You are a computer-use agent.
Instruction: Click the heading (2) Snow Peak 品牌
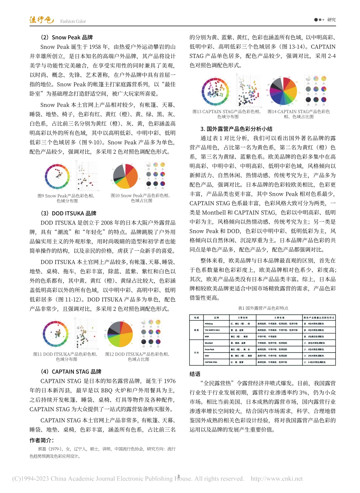pyautogui.click(x=67, y=37)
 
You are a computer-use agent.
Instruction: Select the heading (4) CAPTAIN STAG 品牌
pyautogui.click(x=71, y=372)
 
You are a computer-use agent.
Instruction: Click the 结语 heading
pyautogui.click(x=195, y=374)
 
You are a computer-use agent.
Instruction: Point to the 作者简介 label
pyautogui.click(x=42, y=440)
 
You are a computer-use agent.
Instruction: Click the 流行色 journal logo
pyautogui.click(x=42, y=20)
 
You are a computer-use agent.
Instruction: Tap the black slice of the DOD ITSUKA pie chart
pyautogui.click(x=113, y=331)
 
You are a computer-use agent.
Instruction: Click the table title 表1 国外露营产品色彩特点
pyautogui.click(x=263, y=308)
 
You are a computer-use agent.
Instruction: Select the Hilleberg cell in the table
pyautogui.click(x=209, y=324)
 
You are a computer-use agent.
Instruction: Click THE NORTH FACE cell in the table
pyautogui.click(x=212, y=330)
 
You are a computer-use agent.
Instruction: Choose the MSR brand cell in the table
pyautogui.click(x=207, y=336)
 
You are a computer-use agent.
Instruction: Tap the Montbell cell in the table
pyautogui.click(x=209, y=343)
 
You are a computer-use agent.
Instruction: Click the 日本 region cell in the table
pyautogui.click(x=196, y=353)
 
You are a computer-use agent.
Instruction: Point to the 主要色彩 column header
pyautogui.click(x=243, y=317)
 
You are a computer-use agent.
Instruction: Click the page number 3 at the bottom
pyautogui.click(x=178, y=476)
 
